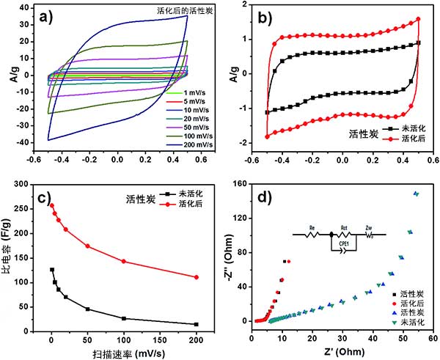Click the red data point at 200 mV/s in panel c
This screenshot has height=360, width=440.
tap(197, 276)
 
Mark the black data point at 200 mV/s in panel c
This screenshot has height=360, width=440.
tap(197, 324)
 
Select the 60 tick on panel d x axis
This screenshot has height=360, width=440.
tap(433, 339)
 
